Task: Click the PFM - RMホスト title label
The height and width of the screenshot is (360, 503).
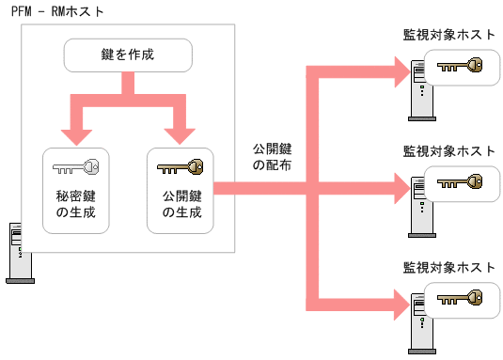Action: [x=58, y=12]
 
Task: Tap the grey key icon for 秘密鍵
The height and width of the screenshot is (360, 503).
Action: [x=76, y=169]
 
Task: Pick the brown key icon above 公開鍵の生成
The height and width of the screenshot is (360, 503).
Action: [x=181, y=169]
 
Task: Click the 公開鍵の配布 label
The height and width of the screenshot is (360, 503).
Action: [x=272, y=157]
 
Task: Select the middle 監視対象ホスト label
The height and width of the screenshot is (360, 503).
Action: [x=448, y=150]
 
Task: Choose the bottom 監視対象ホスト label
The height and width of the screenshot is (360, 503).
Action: [x=448, y=265]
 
